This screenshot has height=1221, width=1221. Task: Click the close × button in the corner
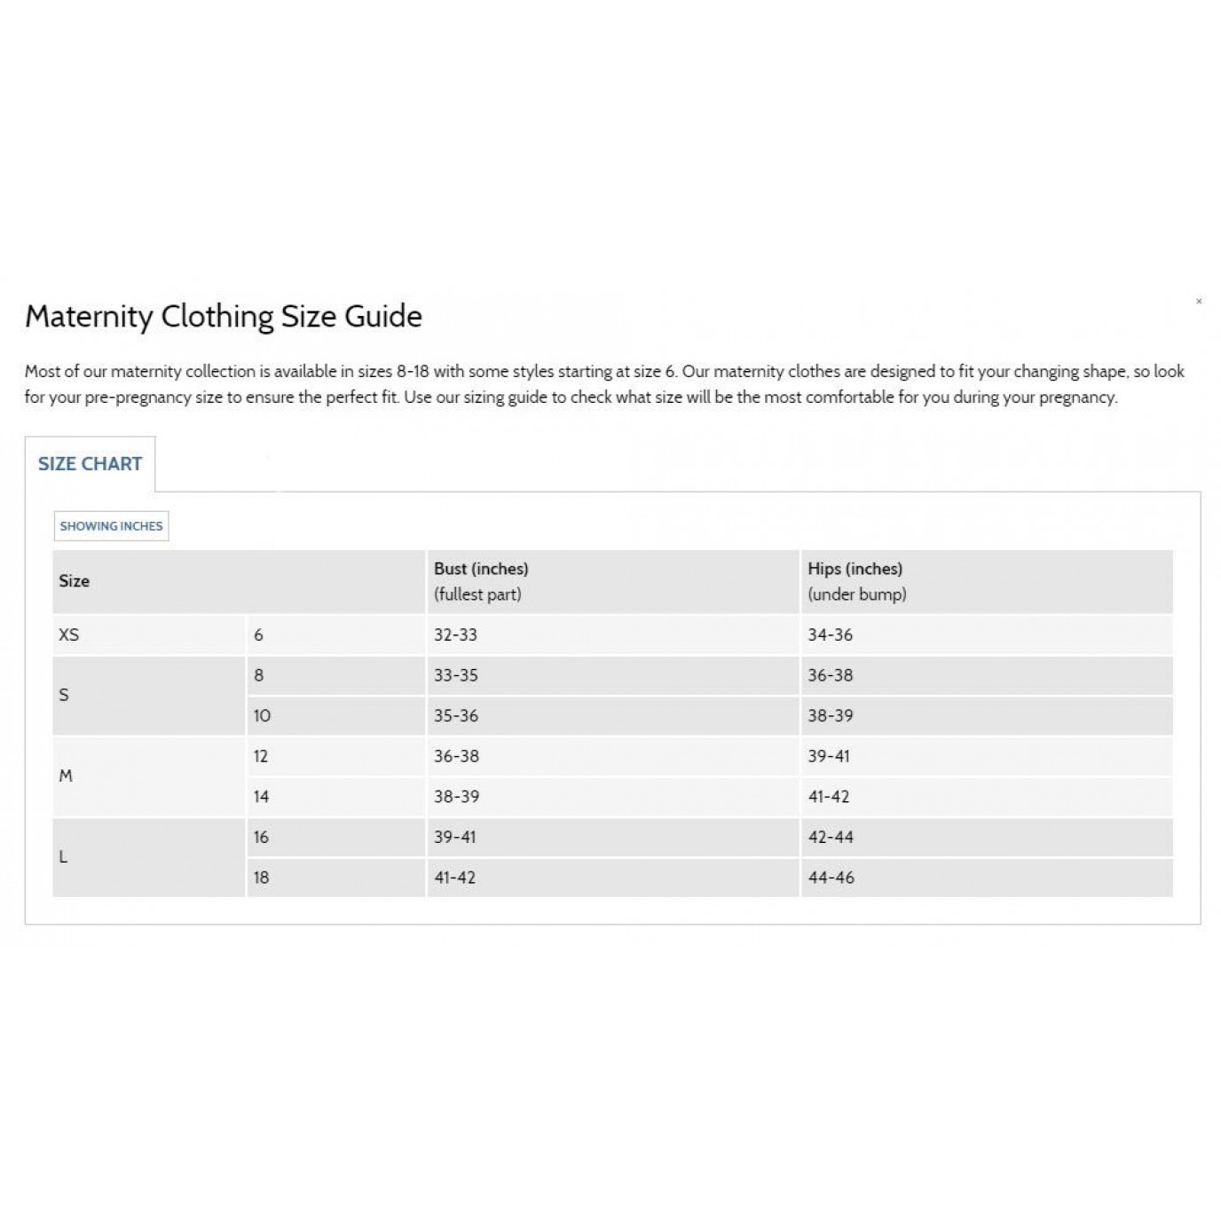click(1199, 302)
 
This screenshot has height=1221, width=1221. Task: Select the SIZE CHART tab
click(90, 464)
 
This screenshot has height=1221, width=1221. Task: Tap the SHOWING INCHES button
click(111, 526)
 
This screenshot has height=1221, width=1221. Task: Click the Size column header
click(75, 581)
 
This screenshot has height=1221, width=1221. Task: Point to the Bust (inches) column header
click(481, 569)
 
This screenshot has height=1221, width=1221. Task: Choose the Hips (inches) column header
click(855, 569)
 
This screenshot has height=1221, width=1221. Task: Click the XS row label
click(69, 635)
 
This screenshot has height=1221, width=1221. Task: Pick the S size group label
click(64, 695)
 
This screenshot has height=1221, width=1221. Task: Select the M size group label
click(66, 776)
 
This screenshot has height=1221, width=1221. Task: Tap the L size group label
click(63, 857)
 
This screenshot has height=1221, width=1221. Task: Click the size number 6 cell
click(259, 635)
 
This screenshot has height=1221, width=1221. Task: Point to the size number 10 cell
click(262, 716)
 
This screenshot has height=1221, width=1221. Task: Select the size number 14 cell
click(261, 797)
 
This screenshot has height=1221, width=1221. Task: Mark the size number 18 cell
click(261, 878)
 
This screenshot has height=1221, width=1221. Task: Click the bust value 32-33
click(455, 635)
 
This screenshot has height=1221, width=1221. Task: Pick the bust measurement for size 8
click(455, 675)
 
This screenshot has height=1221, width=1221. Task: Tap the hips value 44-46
click(831, 878)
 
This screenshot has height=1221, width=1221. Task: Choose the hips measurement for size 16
click(831, 837)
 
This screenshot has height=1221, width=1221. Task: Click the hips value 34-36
click(830, 635)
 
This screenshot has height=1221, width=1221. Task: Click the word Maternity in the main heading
click(89, 317)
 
